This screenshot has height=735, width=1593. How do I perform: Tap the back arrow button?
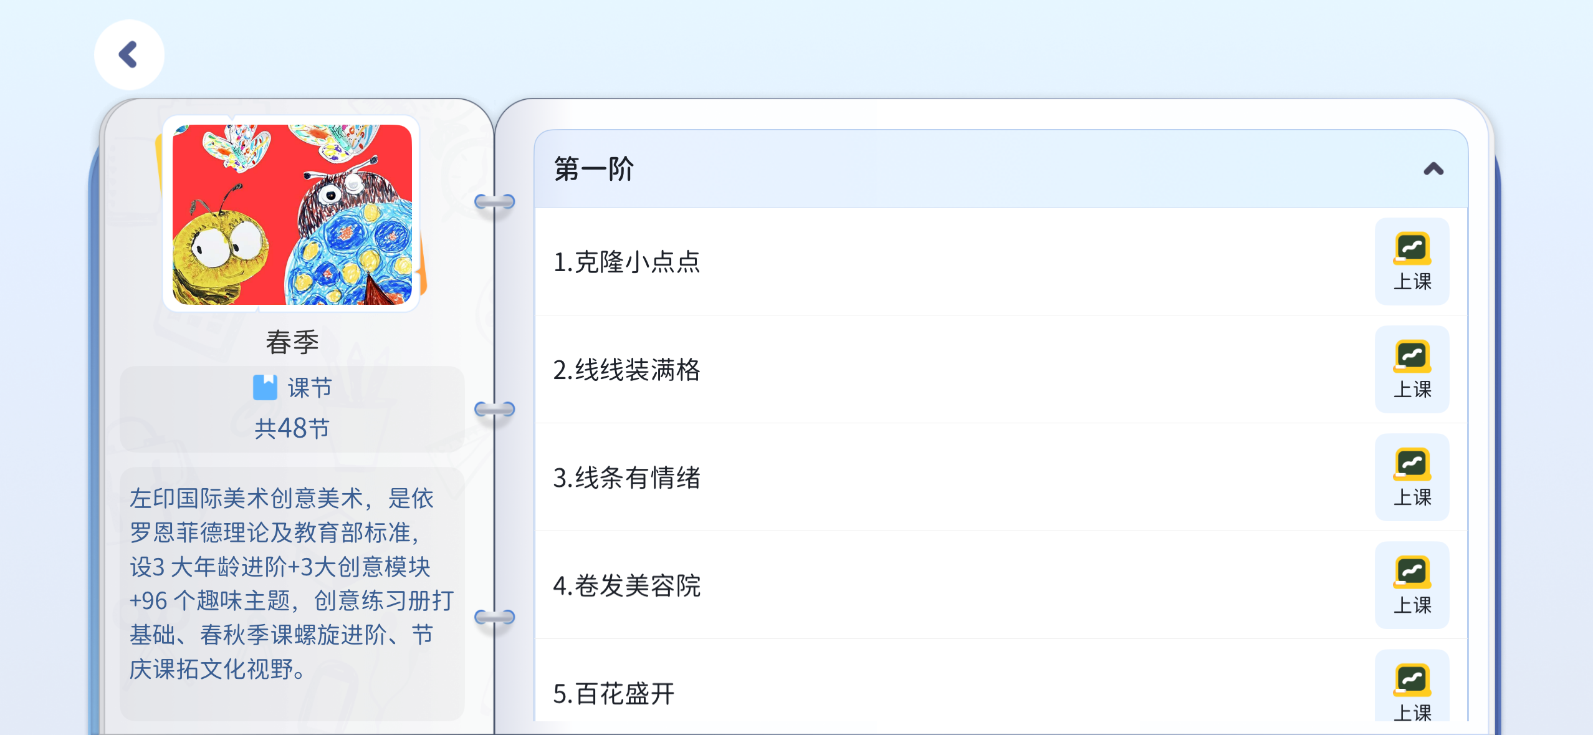pos(129,55)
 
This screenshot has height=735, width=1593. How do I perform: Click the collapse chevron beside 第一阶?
pos(1433,169)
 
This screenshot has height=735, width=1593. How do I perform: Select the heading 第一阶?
pos(593,169)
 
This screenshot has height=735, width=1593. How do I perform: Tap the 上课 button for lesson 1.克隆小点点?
pos(1412,261)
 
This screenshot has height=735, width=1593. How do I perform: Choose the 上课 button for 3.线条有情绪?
pos(1412,477)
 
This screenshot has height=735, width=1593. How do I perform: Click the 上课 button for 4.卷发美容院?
pos(1412,585)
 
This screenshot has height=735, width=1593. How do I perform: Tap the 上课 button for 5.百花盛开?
pos(1412,686)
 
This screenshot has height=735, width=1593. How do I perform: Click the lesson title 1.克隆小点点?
pos(627,262)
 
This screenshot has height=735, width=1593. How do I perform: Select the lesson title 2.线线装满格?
pos(627,370)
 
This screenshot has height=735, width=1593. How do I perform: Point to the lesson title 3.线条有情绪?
pos(627,478)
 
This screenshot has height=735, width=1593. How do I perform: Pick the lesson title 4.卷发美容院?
pos(627,585)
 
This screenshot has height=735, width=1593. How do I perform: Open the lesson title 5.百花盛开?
pos(614,693)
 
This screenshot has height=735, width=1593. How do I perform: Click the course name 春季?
pos(292,342)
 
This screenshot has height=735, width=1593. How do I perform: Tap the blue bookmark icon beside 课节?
pos(265,387)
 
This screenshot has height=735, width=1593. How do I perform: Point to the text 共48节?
pos(292,428)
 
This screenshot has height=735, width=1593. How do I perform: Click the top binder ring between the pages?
pos(495,201)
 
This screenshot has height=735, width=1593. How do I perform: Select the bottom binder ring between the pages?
pos(495,617)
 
